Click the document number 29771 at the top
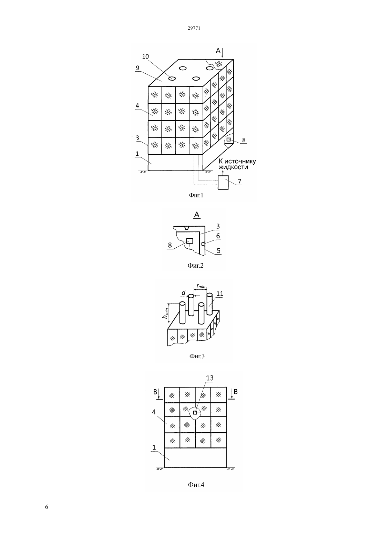click(x=194, y=28)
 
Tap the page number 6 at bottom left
click(x=47, y=507)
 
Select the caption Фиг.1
click(x=196, y=195)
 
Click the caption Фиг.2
click(x=195, y=265)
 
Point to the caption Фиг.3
click(x=197, y=356)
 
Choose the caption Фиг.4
click(x=196, y=485)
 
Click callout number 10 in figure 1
click(x=145, y=56)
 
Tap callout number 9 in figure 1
click(x=137, y=68)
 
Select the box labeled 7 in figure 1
click(x=223, y=183)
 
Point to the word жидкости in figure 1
click(x=233, y=167)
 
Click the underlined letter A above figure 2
click(x=197, y=215)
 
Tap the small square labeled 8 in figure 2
click(x=189, y=241)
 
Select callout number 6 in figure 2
click(x=218, y=236)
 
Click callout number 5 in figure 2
click(x=218, y=250)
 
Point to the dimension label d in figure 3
click(x=184, y=292)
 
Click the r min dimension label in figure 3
click(x=201, y=286)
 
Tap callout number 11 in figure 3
click(x=220, y=293)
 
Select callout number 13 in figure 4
click(x=209, y=378)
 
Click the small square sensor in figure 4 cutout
click(x=195, y=413)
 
